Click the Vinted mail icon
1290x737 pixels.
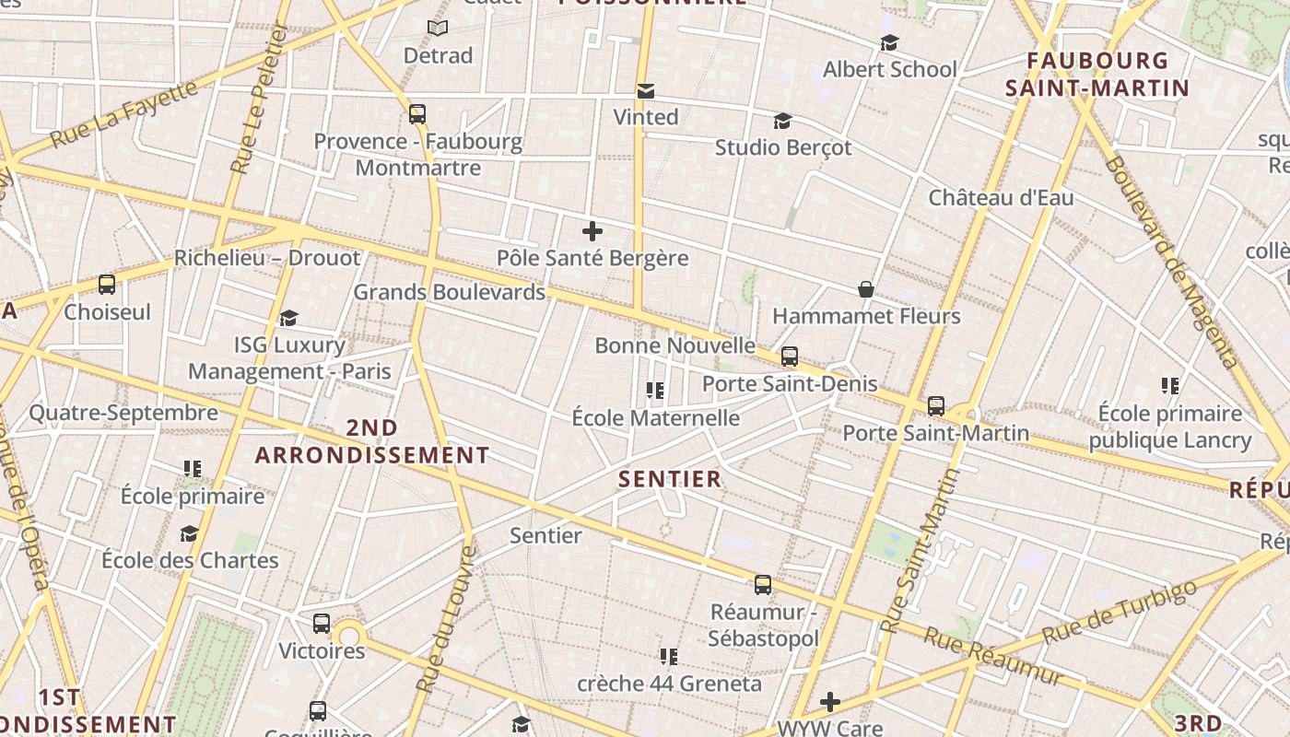tap(646, 90)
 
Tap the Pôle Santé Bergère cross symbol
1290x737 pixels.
tap(592, 231)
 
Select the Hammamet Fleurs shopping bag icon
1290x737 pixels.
tap(866, 289)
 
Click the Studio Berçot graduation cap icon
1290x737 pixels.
tap(782, 121)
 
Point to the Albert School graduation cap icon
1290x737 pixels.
tap(889, 42)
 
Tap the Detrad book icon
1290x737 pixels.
tap(438, 29)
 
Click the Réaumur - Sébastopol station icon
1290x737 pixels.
tap(763, 584)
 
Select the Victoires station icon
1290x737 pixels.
tap(322, 624)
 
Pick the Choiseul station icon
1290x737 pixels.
tap(107, 285)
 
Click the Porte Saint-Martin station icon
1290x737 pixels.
tap(936, 405)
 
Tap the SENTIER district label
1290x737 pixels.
tap(670, 479)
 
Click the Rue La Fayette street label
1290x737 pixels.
tap(123, 114)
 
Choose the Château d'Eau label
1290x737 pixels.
tap(1001, 197)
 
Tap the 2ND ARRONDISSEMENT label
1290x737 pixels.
tap(372, 441)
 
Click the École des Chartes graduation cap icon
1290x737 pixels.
tap(189, 533)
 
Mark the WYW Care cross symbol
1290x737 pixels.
tap(830, 702)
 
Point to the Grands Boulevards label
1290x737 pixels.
tap(450, 292)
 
